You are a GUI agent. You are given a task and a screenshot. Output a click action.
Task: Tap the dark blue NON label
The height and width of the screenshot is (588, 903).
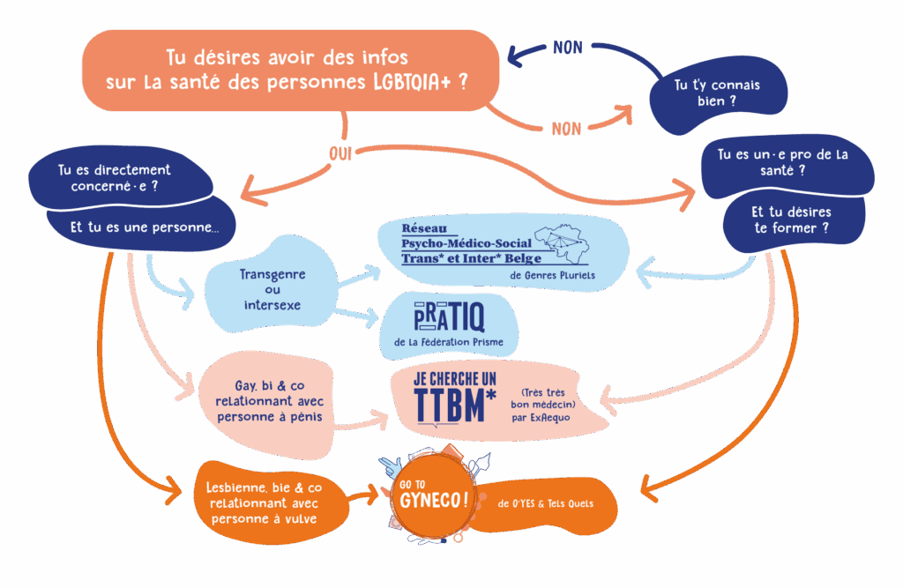[567, 48]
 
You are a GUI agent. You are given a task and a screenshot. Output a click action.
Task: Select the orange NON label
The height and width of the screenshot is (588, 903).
[566, 129]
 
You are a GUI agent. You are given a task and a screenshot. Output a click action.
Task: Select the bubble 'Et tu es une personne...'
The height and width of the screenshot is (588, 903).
[145, 227]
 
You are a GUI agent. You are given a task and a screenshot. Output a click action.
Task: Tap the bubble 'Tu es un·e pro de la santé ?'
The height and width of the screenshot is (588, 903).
[783, 162]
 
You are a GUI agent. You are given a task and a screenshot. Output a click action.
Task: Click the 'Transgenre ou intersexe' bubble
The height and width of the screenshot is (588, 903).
[272, 290]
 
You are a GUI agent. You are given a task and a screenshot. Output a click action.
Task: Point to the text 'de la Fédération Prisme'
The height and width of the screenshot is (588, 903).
[449, 340]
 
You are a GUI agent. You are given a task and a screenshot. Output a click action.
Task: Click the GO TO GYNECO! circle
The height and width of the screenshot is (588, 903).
[432, 498]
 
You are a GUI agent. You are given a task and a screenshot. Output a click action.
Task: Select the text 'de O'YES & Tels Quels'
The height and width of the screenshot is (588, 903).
[546, 503]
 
